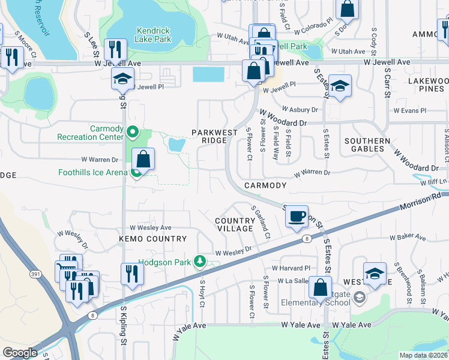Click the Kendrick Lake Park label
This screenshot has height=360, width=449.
click(x=154, y=35)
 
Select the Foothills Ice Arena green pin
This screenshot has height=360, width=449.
click(x=136, y=173)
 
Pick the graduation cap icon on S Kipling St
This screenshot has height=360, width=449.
click(x=122, y=79)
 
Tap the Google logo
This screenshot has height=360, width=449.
click(x=20, y=353)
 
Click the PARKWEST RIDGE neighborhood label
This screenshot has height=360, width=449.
click(x=209, y=136)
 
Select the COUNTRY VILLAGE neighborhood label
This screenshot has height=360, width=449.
click(x=235, y=225)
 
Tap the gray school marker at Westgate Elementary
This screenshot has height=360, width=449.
click(x=358, y=296)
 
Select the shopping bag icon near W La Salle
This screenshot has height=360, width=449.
click(x=321, y=287)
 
